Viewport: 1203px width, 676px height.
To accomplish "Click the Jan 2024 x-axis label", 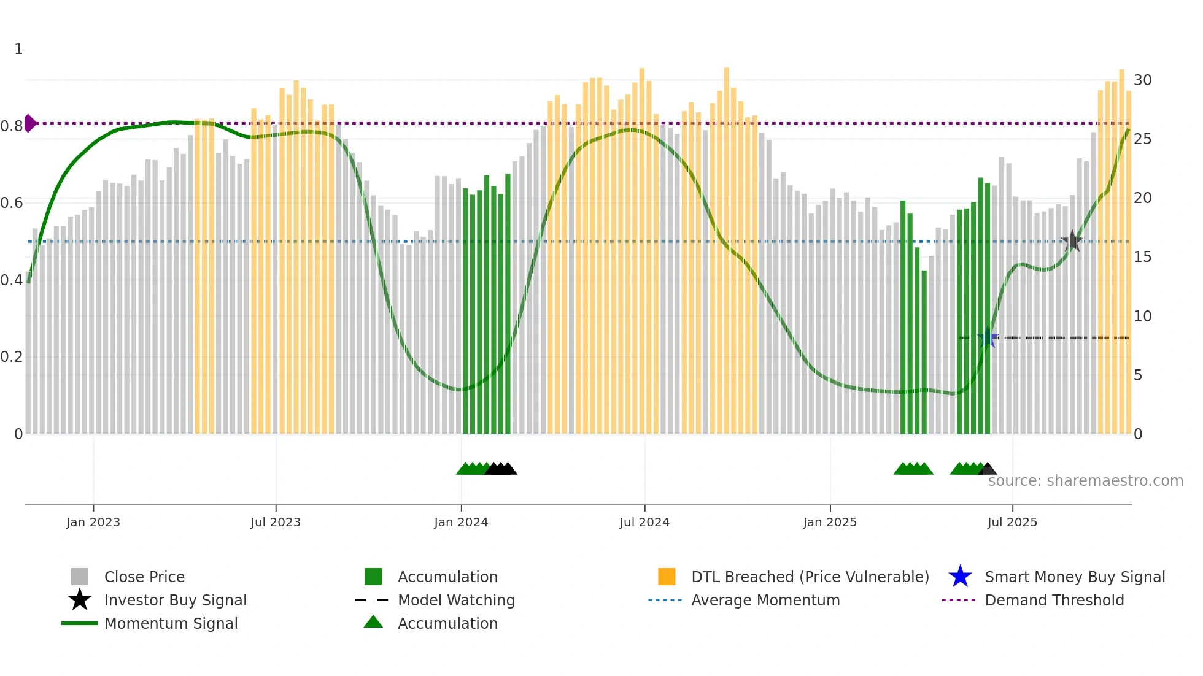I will point(461,522).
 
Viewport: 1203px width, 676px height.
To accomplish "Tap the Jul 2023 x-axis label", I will point(276,522).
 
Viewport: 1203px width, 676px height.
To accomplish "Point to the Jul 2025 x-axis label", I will point(1012,522).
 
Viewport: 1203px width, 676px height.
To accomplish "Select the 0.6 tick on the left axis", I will point(12,203).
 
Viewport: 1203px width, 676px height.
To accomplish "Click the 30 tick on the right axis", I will point(1142,80).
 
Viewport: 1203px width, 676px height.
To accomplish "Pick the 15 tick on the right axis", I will point(1142,257).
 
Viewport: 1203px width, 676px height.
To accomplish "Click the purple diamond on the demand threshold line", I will point(29,123).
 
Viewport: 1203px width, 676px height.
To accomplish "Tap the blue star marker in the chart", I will point(988,338).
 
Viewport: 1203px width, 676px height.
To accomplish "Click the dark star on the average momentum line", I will point(1072,241).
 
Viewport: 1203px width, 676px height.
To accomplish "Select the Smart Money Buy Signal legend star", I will point(960,577).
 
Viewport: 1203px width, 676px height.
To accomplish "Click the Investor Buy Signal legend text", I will point(175,600).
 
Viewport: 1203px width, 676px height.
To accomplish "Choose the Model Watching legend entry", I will point(456,600).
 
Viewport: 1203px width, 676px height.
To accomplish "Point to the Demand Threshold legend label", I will point(1054,600).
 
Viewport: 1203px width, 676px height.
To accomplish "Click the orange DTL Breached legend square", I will point(667,577).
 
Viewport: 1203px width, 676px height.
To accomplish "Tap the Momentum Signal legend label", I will point(171,623).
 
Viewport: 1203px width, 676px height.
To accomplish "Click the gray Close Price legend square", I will point(80,577).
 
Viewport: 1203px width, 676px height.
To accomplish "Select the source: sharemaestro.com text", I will point(1085,480).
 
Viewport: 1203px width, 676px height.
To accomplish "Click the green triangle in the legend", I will point(373,622).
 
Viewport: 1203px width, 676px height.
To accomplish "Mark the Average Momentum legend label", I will point(765,600).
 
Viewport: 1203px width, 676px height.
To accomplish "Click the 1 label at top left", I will point(18,49).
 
